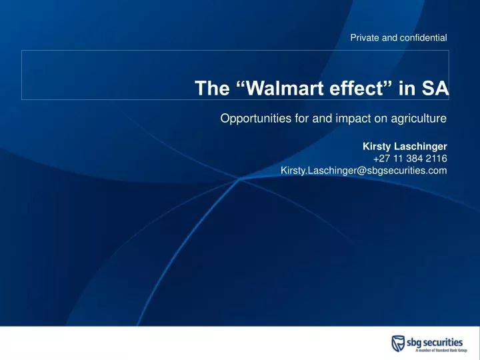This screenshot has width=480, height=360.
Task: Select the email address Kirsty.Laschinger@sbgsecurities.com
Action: click(363, 171)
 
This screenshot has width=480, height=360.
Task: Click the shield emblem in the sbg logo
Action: click(398, 343)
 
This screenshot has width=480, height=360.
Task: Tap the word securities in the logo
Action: click(445, 341)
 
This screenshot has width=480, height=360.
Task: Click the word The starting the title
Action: click(211, 89)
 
